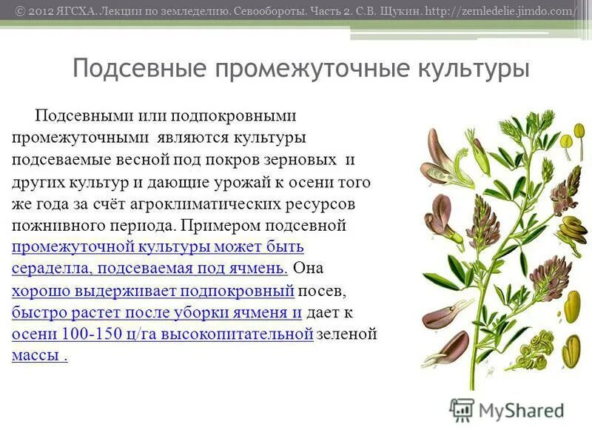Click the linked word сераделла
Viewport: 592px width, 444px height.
[52, 269]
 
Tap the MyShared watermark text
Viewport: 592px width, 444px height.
[521, 409]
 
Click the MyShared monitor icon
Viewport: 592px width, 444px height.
[462, 409]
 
